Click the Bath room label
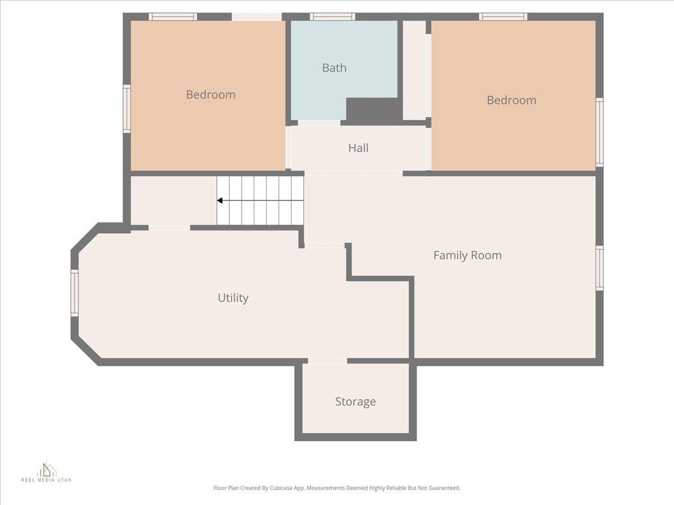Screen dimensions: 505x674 [334, 68]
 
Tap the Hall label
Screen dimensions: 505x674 [358, 148]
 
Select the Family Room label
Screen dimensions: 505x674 [467, 255]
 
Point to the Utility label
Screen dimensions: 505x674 [233, 298]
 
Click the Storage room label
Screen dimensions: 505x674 [356, 402]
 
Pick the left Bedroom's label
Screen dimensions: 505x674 [211, 95]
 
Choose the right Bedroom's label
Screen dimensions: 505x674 [511, 100]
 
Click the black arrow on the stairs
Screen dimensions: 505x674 [220, 200]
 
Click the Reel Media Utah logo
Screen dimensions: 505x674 [47, 471]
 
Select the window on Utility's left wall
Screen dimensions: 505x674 [74, 293]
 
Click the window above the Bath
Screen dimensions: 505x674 [332, 16]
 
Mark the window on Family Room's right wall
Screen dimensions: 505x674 [599, 268]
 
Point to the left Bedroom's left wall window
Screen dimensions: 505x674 [126, 109]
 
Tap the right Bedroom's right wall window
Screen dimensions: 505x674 [599, 132]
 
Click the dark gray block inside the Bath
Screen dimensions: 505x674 [372, 110]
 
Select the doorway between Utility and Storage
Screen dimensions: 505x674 [327, 361]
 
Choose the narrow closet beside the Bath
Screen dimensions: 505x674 [415, 70]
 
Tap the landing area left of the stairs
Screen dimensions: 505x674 [173, 200]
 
